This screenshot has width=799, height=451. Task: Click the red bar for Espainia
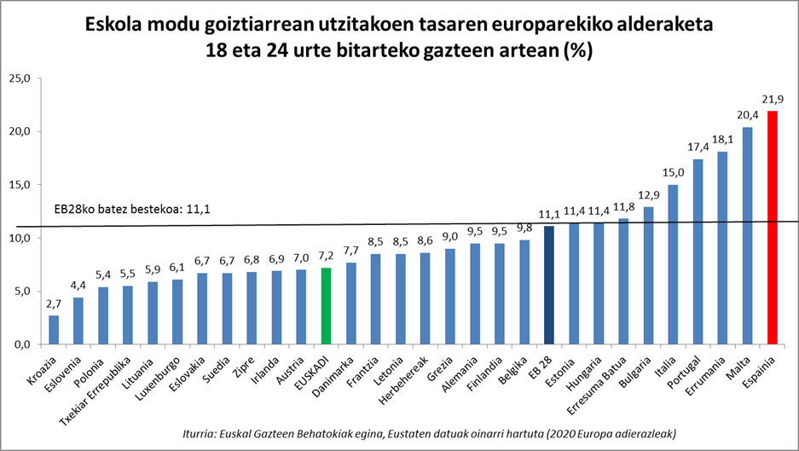773,228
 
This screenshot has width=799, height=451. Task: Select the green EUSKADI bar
327,306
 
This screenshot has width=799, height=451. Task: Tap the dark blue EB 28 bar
550,285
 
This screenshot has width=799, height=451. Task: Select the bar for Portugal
698,252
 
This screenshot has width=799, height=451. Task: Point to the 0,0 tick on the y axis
20,344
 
